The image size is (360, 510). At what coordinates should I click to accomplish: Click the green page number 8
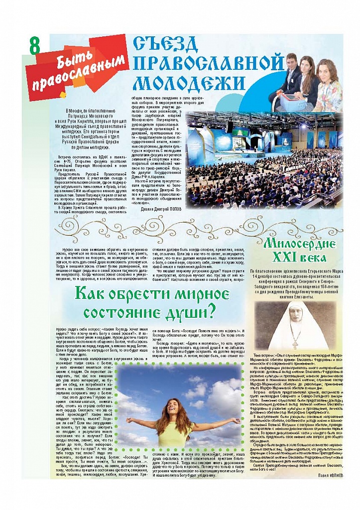[x=35, y=46]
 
